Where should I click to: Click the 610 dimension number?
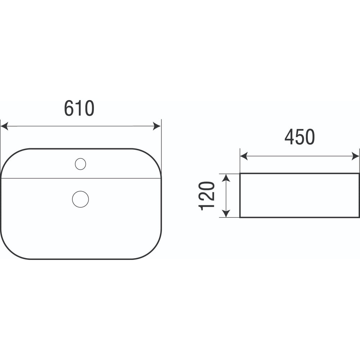click(x=79, y=108)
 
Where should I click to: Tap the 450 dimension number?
click(x=300, y=137)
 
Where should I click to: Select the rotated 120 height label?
click(x=206, y=196)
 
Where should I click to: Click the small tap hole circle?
click(x=80, y=164)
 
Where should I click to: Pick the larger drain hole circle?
click(x=80, y=199)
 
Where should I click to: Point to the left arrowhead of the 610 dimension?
click(x=4, y=126)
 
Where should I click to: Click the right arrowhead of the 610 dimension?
click(x=157, y=126)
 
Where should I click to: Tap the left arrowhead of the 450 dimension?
click(x=244, y=156)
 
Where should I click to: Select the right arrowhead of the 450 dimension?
click(x=355, y=156)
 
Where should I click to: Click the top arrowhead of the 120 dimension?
click(x=226, y=178)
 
